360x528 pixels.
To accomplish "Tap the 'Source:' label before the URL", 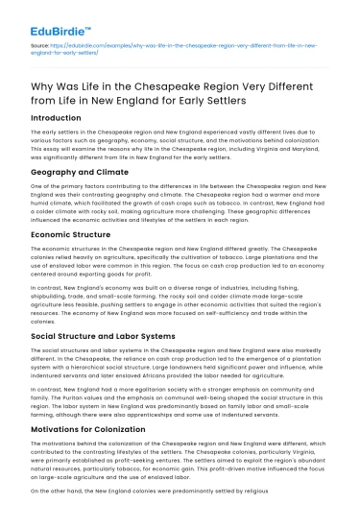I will tap(41, 44).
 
